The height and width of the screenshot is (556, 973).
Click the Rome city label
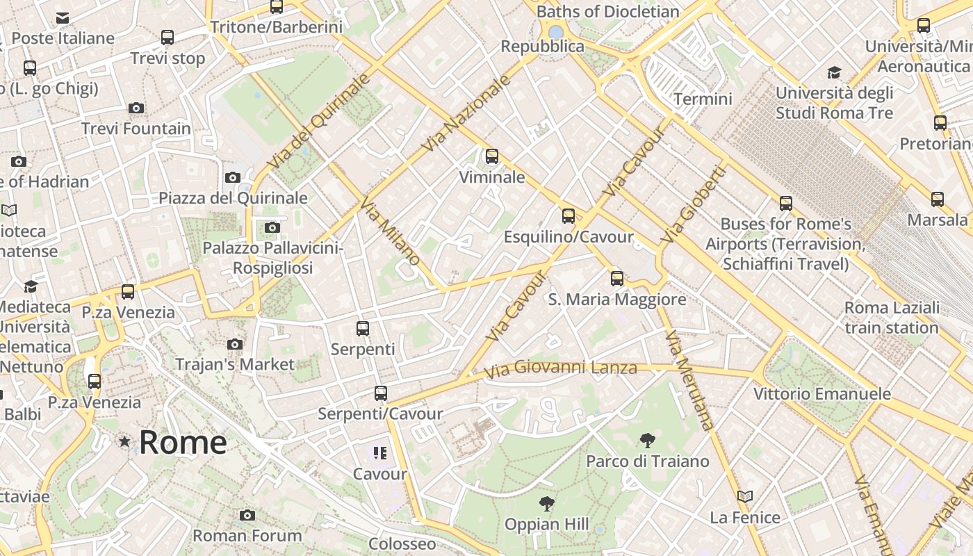(183, 443)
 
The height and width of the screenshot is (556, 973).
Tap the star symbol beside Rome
(124, 441)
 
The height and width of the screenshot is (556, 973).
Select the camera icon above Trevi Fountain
(136, 108)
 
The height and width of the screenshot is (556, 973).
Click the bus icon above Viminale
(492, 156)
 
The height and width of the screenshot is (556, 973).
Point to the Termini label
(703, 99)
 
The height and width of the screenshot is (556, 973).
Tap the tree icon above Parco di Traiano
(647, 440)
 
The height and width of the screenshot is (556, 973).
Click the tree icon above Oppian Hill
(547, 503)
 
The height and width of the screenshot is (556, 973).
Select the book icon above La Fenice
(745, 496)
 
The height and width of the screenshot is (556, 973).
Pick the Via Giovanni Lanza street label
(560, 368)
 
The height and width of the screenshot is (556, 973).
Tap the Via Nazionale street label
(466, 113)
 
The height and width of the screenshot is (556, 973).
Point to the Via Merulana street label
(689, 381)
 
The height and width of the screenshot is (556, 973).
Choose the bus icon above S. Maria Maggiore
(617, 279)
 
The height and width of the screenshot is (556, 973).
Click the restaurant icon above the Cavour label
(379, 453)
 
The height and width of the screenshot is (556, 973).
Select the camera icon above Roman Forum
(247, 515)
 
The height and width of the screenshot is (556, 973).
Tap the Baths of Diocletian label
(608, 12)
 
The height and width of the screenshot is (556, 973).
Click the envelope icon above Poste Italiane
(63, 17)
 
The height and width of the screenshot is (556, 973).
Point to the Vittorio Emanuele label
(822, 394)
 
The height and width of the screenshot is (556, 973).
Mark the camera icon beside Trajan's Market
(235, 344)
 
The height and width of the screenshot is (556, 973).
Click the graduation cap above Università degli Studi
(834, 72)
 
